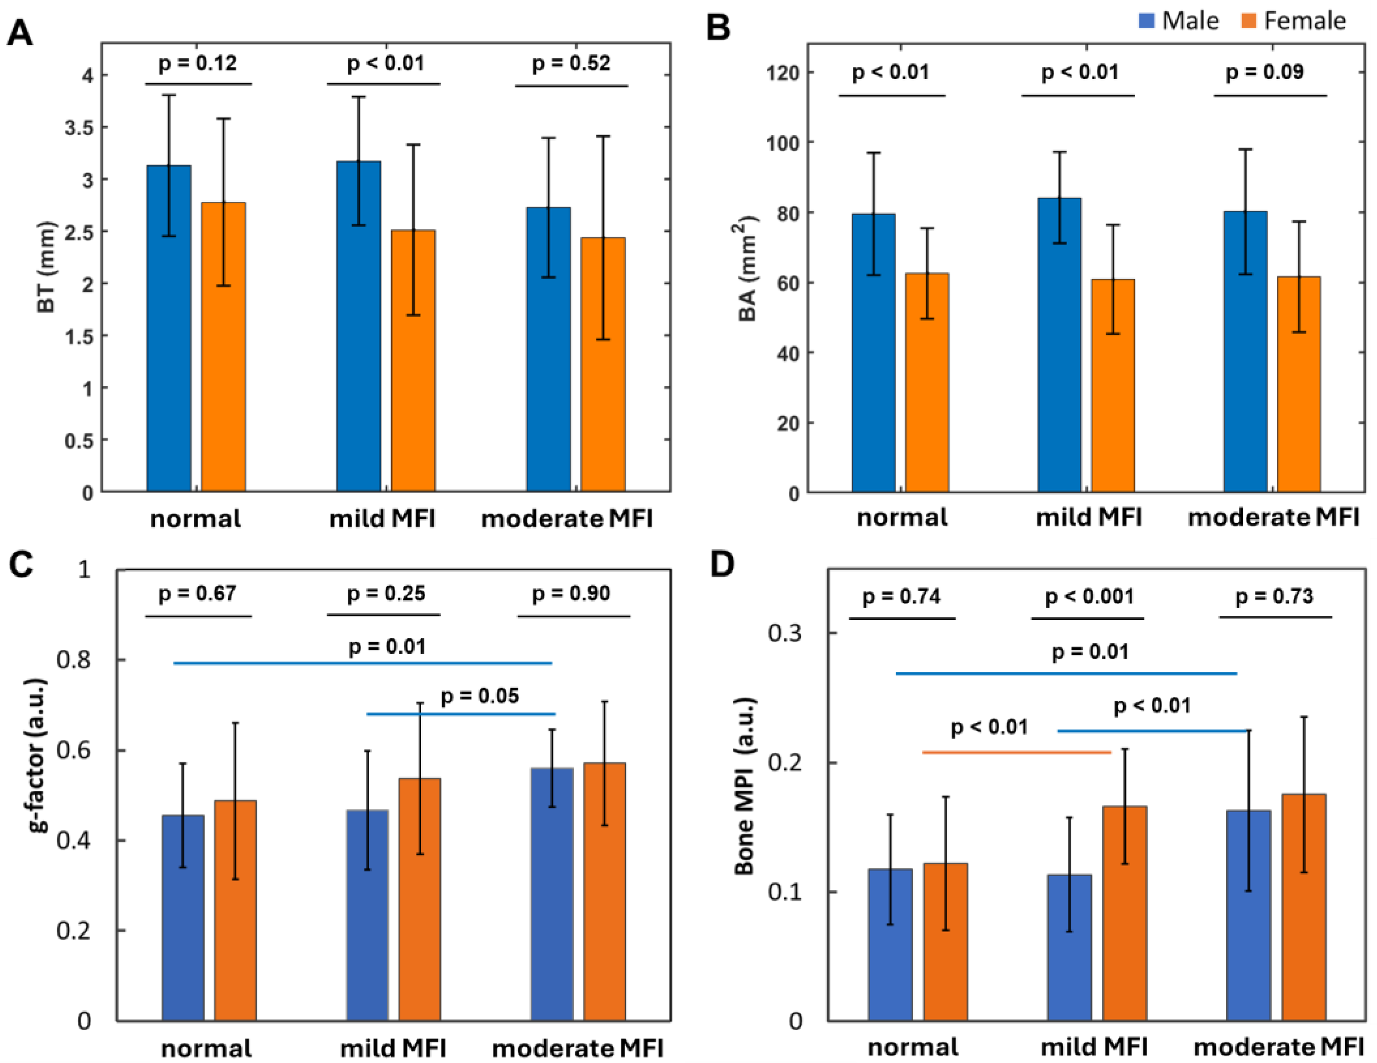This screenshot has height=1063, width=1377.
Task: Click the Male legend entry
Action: pyautogui.click(x=1178, y=21)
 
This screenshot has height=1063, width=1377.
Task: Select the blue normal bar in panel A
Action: pyautogui.click(x=169, y=328)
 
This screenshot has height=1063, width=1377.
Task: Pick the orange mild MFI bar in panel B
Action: pyautogui.click(x=1113, y=385)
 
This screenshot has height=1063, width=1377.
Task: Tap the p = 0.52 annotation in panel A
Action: pyautogui.click(x=571, y=64)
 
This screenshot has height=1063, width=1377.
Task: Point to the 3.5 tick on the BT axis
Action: pyautogui.click(x=79, y=128)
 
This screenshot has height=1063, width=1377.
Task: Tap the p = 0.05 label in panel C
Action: pyautogui.click(x=480, y=696)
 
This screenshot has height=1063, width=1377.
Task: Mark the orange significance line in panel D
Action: pyautogui.click(x=1016, y=752)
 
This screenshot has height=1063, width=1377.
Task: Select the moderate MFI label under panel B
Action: pyautogui.click(x=1273, y=517)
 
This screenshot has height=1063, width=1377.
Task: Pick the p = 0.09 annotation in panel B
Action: pyautogui.click(x=1264, y=72)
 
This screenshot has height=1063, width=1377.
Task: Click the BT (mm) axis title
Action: pyautogui.click(x=46, y=267)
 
